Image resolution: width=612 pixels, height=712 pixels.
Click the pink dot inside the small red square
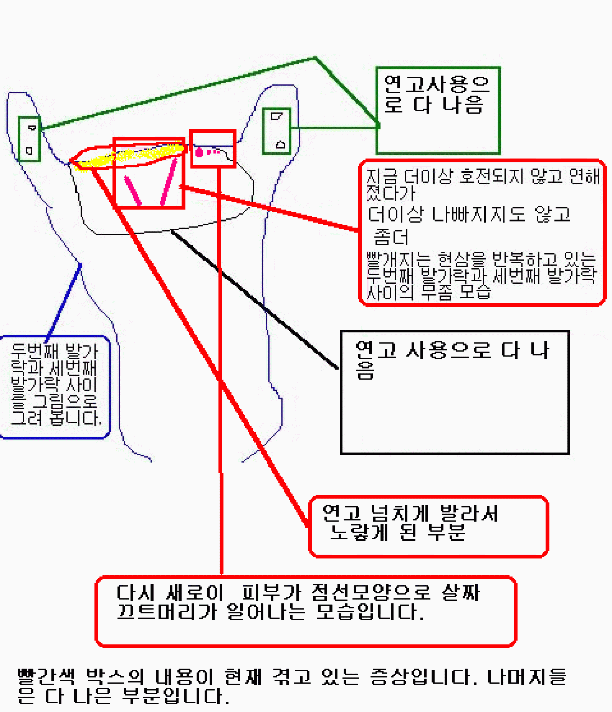point(199,152)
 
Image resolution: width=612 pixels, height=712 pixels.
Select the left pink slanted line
point(133,190)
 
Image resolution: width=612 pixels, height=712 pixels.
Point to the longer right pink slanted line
point(169,182)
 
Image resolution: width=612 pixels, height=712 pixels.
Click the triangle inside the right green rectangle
point(281,144)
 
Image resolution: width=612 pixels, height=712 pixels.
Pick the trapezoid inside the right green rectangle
point(276,116)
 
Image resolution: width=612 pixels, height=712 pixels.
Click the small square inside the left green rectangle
point(29,151)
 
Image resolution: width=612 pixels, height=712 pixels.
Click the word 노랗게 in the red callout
point(360,532)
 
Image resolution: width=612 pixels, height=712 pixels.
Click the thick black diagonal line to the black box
point(254,299)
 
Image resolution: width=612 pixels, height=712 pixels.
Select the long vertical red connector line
point(220,371)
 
